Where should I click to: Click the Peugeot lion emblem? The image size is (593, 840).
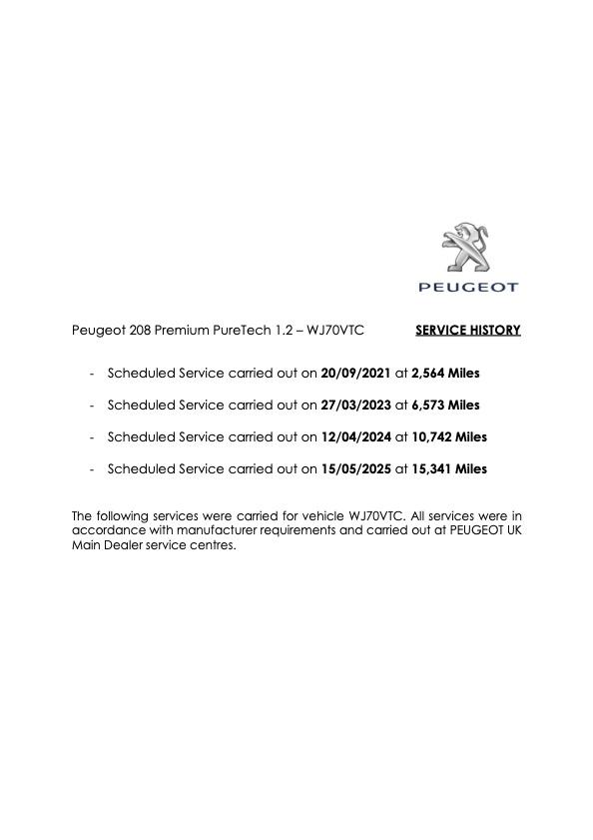[465, 248]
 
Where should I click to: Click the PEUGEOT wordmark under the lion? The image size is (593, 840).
[468, 288]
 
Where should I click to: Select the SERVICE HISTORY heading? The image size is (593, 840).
[467, 330]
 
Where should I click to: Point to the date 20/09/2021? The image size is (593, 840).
[356, 374]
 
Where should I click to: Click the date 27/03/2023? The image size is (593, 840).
[356, 406]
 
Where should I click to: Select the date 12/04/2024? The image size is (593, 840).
[356, 437]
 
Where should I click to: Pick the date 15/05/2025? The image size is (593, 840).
[356, 469]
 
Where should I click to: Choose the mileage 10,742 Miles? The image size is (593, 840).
[449, 437]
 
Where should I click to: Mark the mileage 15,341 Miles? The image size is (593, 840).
[449, 469]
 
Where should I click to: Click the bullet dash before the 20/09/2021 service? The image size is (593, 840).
[92, 374]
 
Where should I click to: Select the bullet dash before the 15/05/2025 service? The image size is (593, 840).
[92, 469]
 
